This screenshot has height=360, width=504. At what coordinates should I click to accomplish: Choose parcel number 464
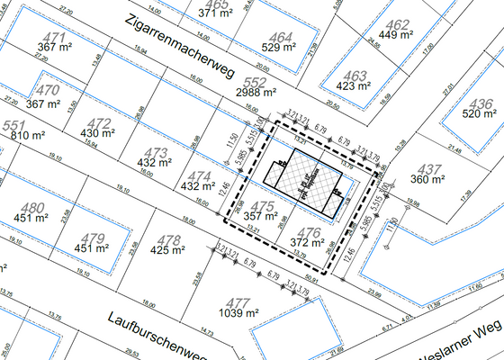281,37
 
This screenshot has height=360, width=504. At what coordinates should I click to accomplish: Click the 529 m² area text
281,48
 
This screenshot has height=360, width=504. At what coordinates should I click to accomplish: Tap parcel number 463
356,76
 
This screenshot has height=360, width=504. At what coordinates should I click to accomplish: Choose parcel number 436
482,103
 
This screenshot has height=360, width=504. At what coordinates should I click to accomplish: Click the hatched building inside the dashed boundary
306,180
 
